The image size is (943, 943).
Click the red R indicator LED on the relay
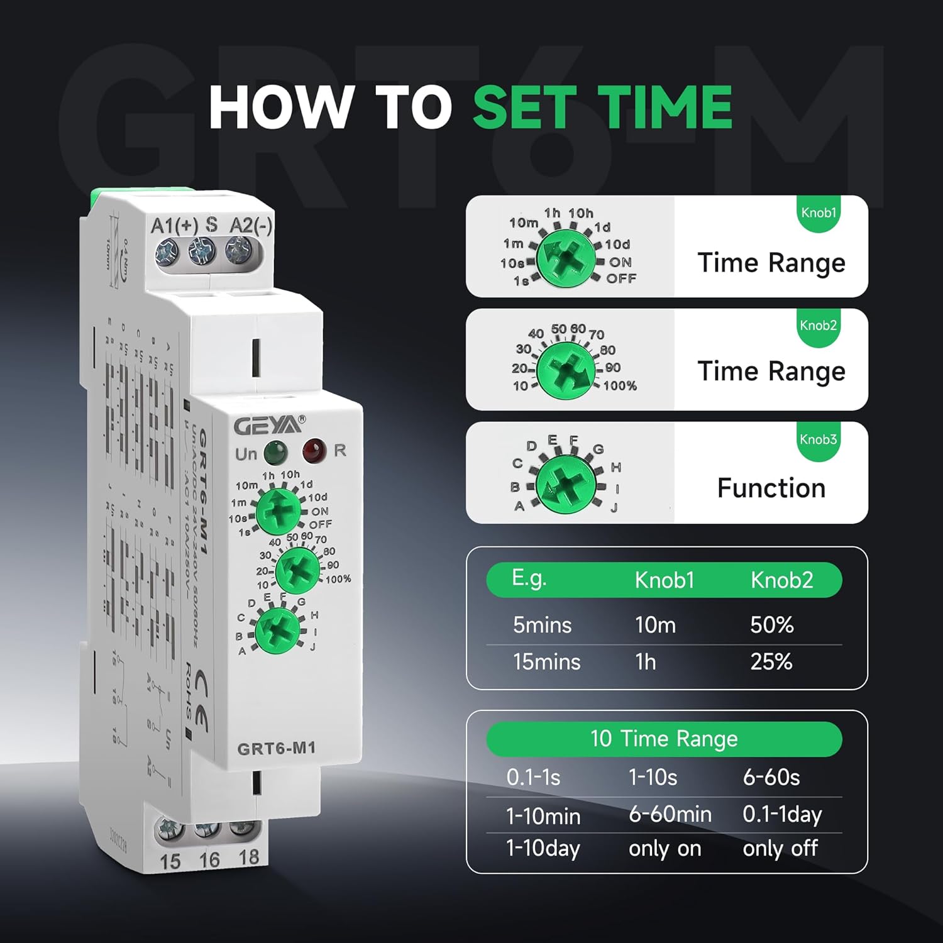coord(314,450)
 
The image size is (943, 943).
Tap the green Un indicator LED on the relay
coord(275,452)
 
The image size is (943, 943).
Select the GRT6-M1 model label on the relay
coord(276,748)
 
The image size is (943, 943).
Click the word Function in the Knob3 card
coord(771,488)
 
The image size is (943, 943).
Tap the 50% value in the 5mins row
coord(771,625)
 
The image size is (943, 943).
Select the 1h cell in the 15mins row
coord(646,662)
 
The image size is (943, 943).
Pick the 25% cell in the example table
coord(771,662)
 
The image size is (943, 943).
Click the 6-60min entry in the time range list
coord(670,815)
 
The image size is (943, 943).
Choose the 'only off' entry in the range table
coord(780,849)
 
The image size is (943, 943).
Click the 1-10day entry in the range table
coord(543,849)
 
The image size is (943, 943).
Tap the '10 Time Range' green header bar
coord(664,739)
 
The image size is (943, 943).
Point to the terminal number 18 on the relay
coord(248,857)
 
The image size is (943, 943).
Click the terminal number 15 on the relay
coord(170,861)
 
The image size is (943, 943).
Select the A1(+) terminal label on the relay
coord(175,225)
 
